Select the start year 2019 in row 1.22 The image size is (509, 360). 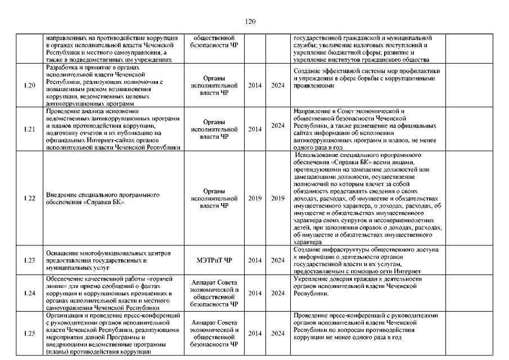[255, 199]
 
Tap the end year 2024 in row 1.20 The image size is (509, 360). [278, 85]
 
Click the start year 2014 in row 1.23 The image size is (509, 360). [255, 260]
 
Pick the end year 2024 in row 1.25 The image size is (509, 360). [278, 333]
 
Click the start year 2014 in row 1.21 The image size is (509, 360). [255, 129]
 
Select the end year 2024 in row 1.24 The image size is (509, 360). [278, 293]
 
